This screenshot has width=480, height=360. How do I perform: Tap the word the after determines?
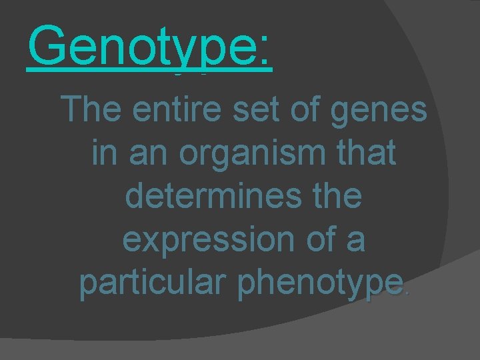pos(331,197)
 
